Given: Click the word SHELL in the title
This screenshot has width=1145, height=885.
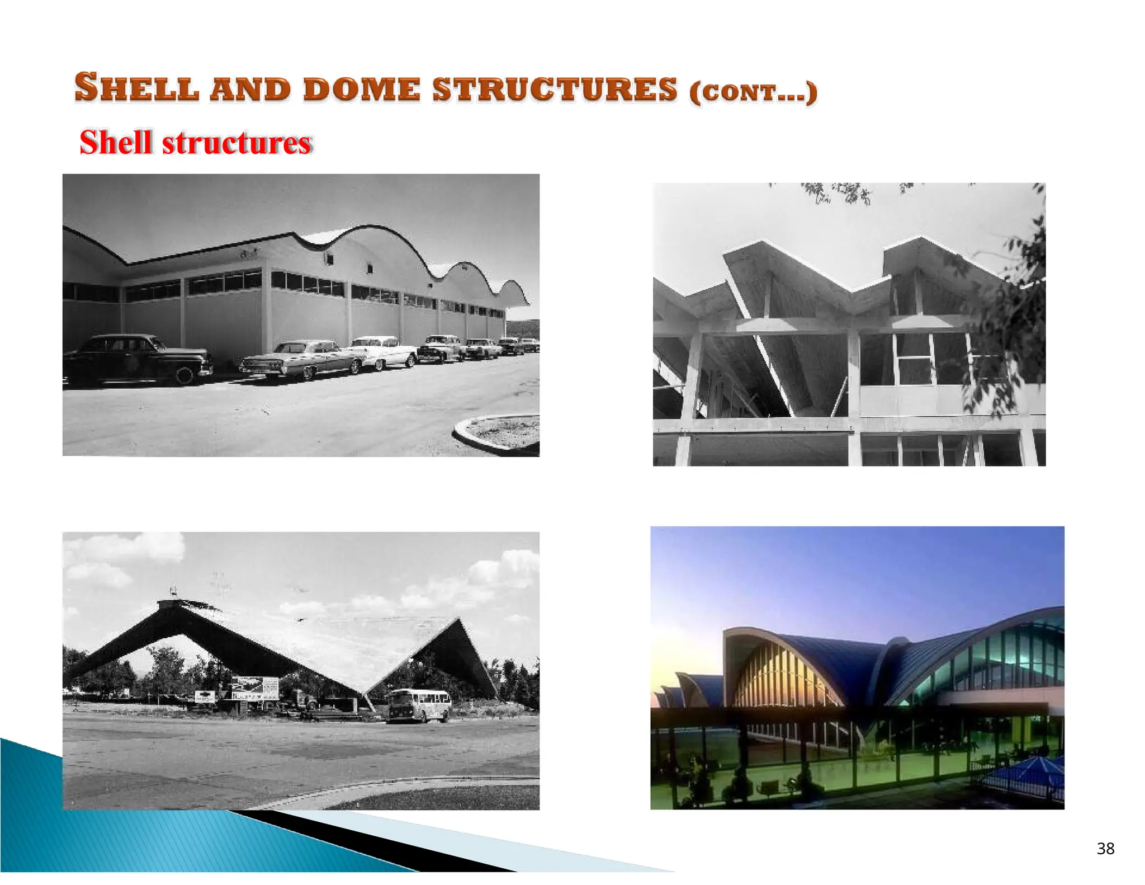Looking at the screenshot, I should pyautogui.click(x=137, y=88).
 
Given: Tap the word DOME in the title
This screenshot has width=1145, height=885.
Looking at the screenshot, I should pyautogui.click(x=361, y=90).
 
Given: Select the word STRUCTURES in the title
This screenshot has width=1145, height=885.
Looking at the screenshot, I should pyautogui.click(x=555, y=90).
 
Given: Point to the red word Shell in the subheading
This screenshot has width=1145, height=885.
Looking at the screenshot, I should pyautogui.click(x=116, y=143).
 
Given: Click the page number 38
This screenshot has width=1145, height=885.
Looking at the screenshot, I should pyautogui.click(x=1105, y=849).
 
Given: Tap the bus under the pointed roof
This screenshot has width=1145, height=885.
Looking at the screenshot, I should pyautogui.click(x=419, y=705).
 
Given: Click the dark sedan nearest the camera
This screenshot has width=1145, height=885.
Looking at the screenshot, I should pyautogui.click(x=137, y=359).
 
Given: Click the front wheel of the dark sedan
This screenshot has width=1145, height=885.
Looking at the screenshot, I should pyautogui.click(x=184, y=375).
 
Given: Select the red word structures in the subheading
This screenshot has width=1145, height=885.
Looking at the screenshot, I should pyautogui.click(x=236, y=143).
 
